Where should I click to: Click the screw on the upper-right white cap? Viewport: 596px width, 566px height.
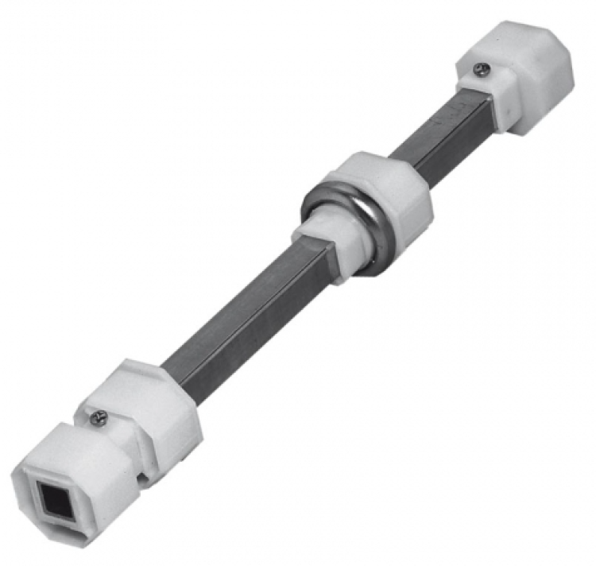pyautogui.click(x=479, y=69)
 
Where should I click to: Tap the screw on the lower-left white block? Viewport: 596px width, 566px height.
pyautogui.click(x=98, y=416)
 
